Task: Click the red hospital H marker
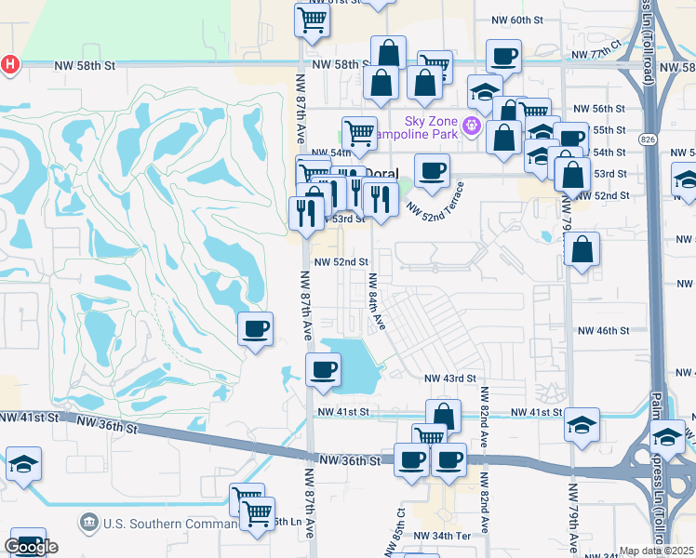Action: (x=10, y=64)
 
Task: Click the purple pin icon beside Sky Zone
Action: (x=472, y=127)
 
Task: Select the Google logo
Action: (x=31, y=547)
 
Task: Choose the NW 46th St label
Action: (x=604, y=330)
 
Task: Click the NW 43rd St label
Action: (x=450, y=379)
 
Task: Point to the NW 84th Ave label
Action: (x=375, y=301)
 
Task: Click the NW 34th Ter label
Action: (x=444, y=537)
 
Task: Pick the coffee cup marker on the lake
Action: (x=323, y=369)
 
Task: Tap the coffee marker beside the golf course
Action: (x=255, y=327)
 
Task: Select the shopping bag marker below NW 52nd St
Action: (x=582, y=248)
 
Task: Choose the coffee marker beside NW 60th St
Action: (x=503, y=56)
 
